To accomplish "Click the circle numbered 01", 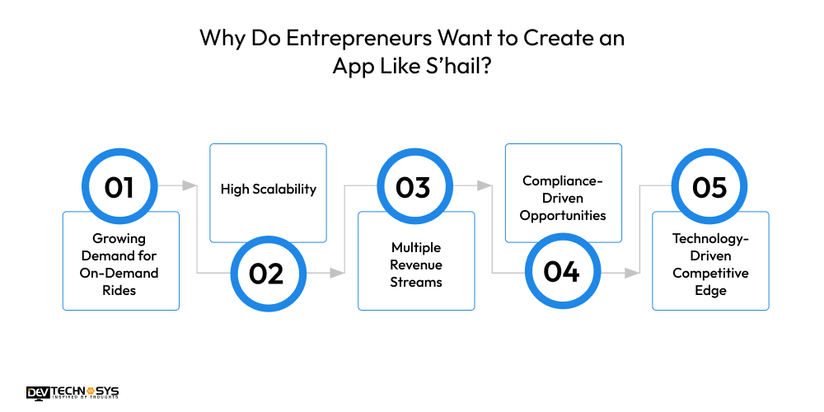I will tap(119, 187).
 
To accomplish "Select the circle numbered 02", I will tap(266, 273).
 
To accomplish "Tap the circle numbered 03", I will tap(414, 187).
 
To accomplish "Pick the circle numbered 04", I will tap(561, 273).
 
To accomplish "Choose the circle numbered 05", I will tap(709, 187).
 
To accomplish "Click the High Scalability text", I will tap(269, 189).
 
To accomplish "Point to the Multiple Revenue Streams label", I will tap(416, 265).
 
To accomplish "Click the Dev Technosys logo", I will tap(73, 391).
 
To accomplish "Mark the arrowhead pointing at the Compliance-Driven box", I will tap(486, 186).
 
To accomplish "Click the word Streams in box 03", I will tap(416, 282).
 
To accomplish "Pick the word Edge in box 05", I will tap(710, 291).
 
